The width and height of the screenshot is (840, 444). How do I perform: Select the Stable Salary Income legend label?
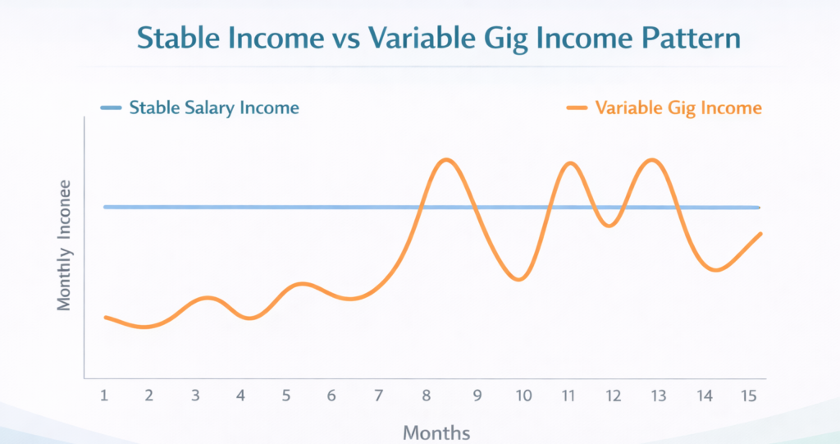tap(214, 108)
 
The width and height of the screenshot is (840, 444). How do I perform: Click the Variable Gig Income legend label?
tap(678, 108)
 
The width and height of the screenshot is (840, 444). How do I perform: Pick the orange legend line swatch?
tap(577, 108)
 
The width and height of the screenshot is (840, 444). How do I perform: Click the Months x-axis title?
tap(436, 432)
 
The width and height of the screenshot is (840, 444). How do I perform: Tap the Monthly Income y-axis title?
tap(64, 245)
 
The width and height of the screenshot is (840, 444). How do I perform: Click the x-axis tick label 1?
tap(105, 396)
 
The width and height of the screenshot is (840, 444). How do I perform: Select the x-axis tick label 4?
tap(240, 396)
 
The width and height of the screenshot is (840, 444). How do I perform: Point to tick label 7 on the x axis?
tap(378, 396)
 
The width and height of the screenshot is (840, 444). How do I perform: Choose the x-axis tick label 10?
tap(522, 396)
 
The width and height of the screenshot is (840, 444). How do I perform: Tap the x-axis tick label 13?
tap(657, 396)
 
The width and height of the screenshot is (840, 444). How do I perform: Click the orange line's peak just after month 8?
tap(445, 160)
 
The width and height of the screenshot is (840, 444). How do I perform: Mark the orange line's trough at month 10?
tap(518, 280)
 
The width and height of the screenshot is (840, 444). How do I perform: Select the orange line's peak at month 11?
tap(570, 163)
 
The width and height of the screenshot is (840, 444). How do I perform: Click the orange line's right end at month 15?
tap(761, 234)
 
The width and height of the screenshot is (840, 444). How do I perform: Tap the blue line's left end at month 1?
tap(105, 207)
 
